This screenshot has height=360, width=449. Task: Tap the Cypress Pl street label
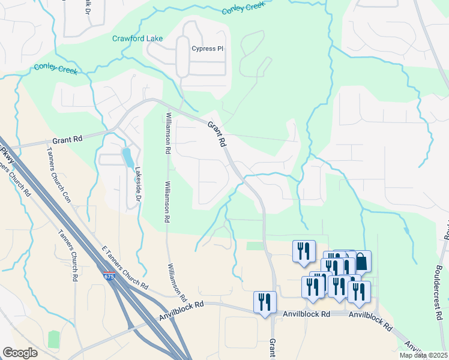tap(206, 49)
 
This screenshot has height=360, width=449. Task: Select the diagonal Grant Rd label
tap(217, 135)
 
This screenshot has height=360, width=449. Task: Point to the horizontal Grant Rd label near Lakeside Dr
tap(67, 140)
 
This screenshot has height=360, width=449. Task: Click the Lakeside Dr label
tap(137, 184)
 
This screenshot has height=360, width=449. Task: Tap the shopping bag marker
tap(361, 261)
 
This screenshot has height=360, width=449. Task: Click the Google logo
tap(20, 353)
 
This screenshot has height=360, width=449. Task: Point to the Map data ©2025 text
tap(423, 355)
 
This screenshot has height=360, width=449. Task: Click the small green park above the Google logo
tap(54, 338)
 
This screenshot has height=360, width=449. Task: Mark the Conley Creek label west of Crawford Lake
tap(56, 69)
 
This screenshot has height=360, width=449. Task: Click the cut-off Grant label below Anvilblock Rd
tap(272, 349)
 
